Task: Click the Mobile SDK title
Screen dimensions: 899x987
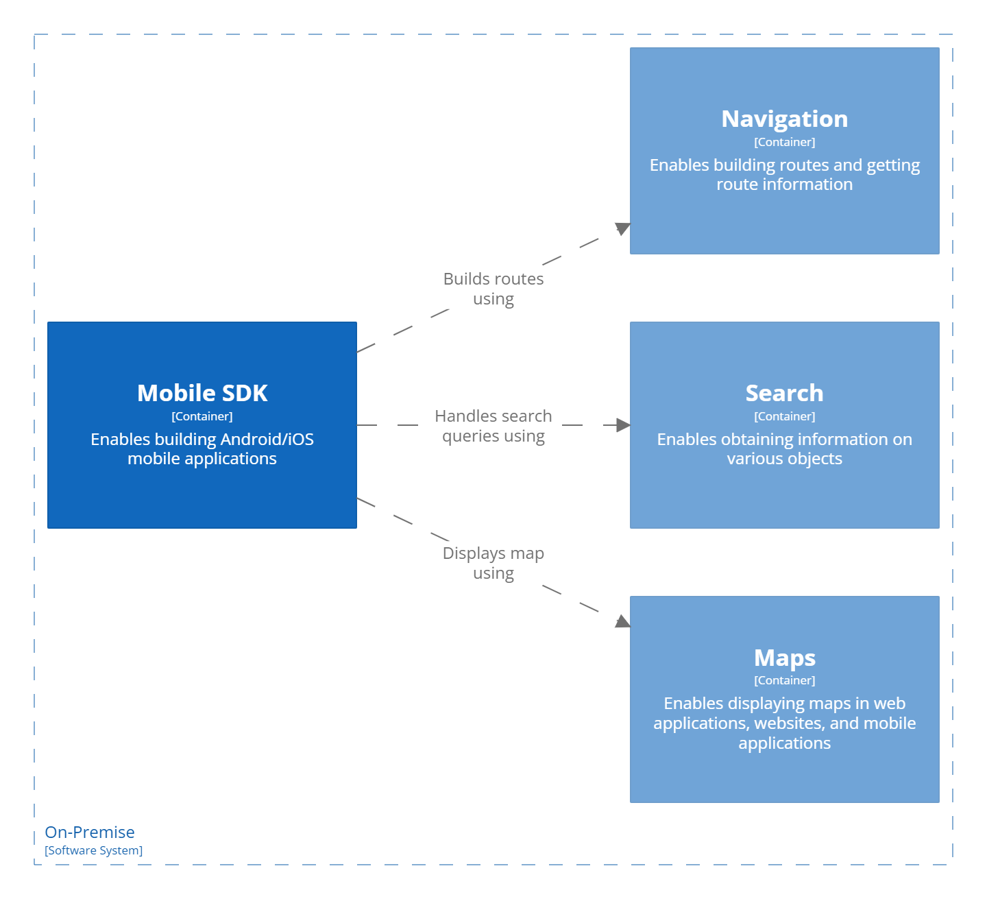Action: tap(202, 393)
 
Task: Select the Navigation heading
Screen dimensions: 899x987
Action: tap(784, 119)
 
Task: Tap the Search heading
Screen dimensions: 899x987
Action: tap(784, 393)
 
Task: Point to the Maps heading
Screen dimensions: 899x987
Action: tap(784, 657)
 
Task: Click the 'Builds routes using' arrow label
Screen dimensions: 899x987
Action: tap(493, 289)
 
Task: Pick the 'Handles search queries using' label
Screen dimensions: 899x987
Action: tap(493, 426)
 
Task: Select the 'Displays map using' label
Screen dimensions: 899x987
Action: tap(493, 563)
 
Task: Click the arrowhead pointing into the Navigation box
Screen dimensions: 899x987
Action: tap(622, 228)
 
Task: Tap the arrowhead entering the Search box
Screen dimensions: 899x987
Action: tap(623, 425)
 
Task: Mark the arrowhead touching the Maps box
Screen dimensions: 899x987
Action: tap(622, 621)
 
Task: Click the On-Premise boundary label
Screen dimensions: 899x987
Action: tap(90, 832)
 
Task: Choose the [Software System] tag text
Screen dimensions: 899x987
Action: tap(94, 850)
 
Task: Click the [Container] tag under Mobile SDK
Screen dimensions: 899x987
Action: tap(202, 416)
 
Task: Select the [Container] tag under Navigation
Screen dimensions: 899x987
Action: tap(784, 142)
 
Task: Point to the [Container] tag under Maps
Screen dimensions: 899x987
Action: tap(784, 680)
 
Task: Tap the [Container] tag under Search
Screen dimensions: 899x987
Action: tap(784, 416)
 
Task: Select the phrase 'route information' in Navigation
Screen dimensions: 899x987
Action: tap(784, 184)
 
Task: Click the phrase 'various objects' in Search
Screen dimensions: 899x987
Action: tap(784, 459)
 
